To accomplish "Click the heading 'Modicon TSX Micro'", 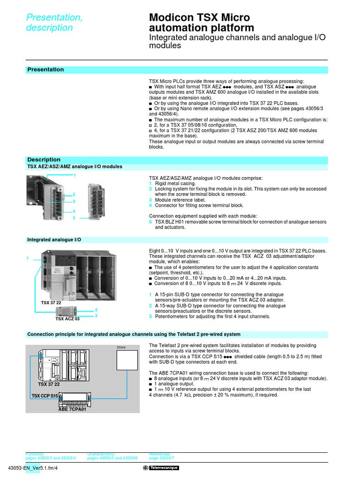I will click(199, 18).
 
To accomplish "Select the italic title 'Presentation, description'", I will click(54, 22).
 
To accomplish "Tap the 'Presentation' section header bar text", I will click(45, 70).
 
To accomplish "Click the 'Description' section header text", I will click(44, 159).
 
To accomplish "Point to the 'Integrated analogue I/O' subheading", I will click(54, 240).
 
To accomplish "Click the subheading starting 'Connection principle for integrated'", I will click(134, 335).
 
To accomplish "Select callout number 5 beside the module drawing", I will click(74, 218).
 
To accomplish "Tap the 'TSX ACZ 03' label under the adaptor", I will click(67, 319).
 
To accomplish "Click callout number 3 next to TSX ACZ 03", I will click(96, 316).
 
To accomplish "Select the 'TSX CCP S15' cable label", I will click(45, 396).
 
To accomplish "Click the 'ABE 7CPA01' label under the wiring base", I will click(72, 409).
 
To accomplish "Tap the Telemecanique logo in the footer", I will click(161, 468).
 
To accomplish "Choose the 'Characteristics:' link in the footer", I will click(101, 454).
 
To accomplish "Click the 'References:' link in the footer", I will click(160, 454).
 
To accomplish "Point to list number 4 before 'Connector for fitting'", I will click(150, 205).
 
